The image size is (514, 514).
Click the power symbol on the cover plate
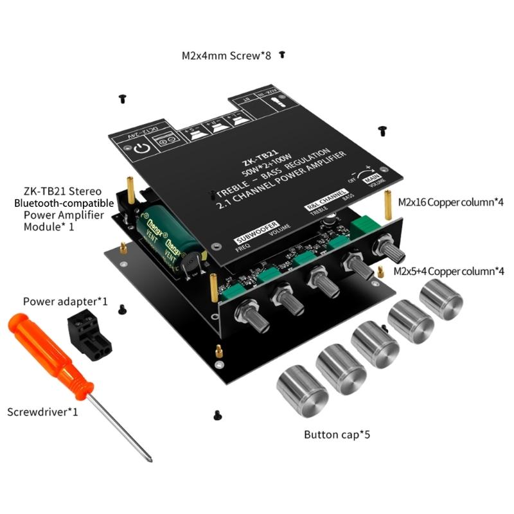142,150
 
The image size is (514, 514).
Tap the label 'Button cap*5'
337,434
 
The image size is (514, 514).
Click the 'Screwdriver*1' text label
42,411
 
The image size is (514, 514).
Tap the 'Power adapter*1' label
65,301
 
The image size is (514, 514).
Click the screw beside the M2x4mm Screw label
281,55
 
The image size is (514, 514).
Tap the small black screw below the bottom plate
217,415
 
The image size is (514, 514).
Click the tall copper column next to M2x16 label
387,202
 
